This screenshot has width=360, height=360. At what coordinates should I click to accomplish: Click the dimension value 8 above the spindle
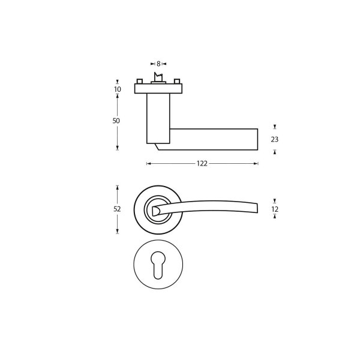(158, 64)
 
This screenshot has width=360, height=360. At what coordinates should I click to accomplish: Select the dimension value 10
(118, 89)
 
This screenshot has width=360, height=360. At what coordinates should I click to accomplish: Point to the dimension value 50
(116, 121)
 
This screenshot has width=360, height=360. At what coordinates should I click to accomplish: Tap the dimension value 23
(275, 139)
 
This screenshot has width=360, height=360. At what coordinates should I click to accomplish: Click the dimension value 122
(202, 163)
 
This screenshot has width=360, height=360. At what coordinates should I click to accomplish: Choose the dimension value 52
(117, 209)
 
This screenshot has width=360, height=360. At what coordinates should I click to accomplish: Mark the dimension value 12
(275, 209)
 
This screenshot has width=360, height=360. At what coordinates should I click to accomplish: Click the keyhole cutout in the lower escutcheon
(158, 265)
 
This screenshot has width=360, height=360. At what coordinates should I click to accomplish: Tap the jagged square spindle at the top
(158, 77)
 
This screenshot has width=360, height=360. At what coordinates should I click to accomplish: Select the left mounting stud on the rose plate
(140, 81)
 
